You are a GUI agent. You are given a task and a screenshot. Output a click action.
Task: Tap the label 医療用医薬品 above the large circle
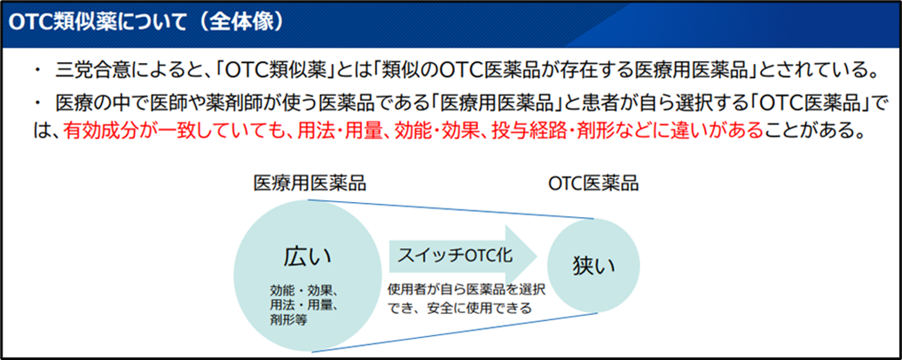(x=310, y=184)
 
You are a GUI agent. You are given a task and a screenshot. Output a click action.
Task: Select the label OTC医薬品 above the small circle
(x=593, y=184)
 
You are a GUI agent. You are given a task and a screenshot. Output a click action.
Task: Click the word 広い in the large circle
(x=308, y=256)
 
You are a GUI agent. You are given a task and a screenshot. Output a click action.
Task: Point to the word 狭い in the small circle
(x=593, y=265)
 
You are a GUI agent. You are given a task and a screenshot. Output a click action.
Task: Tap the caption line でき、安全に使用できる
(x=459, y=309)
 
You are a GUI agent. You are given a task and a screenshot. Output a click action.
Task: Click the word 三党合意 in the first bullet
(x=82, y=72)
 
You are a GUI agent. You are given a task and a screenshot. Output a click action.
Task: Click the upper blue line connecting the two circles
(x=451, y=209)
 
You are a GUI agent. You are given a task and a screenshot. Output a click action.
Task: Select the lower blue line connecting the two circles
(x=454, y=332)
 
